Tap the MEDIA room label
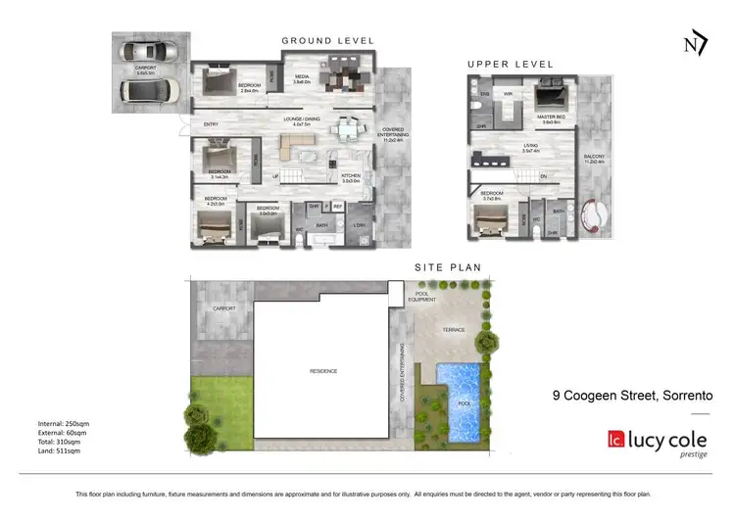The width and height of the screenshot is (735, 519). tap(303, 77)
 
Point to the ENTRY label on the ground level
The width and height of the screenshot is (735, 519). tap(212, 124)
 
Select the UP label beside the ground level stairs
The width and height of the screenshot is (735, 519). tap(275, 177)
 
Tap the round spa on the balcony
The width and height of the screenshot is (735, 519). tap(594, 213)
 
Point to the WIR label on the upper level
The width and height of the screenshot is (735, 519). tap(510, 94)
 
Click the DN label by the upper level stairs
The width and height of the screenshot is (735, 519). tap(544, 176)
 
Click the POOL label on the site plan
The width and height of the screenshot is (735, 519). tap(464, 402)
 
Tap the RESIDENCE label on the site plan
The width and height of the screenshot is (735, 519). tap(323, 370)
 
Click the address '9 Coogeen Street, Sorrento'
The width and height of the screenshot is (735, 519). tap(633, 396)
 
